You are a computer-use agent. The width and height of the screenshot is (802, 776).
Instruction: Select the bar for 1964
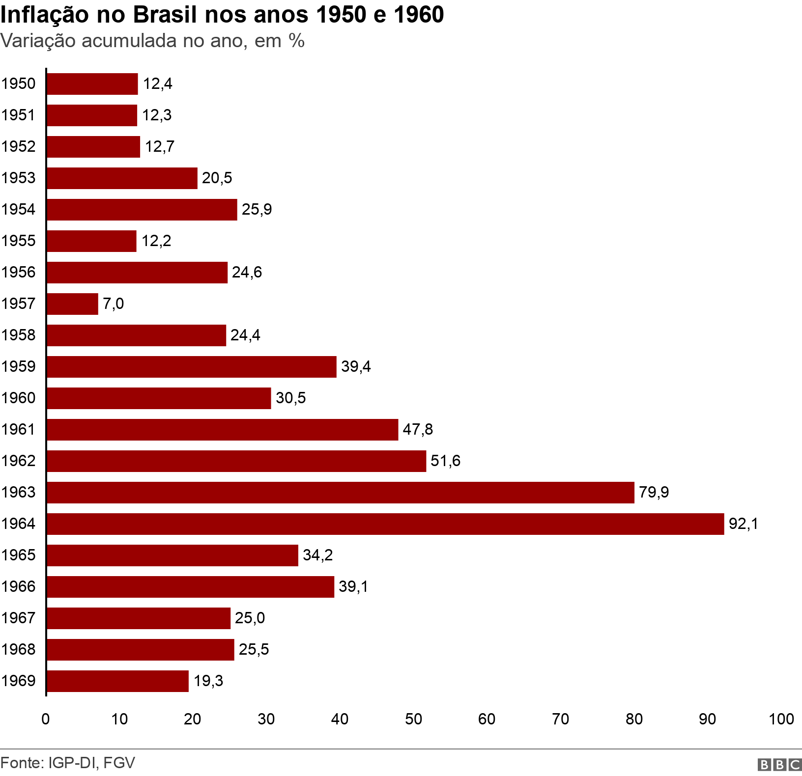coord(385,524)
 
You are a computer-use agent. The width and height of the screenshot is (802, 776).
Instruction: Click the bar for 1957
coord(73,304)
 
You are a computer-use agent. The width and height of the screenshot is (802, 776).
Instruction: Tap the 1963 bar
coord(341,492)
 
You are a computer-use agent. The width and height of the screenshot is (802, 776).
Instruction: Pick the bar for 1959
coord(192,366)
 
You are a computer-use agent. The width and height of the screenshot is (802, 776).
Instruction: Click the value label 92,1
coord(744,524)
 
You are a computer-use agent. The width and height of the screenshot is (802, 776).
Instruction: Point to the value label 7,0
coord(114,304)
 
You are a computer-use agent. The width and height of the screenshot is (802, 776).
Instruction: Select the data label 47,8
coord(418,429)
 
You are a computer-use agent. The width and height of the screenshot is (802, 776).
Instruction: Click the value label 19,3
coord(208,681)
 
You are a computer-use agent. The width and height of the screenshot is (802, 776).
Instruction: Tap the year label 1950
coord(19,83)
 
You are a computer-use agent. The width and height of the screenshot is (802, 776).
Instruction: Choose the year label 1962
coord(19,461)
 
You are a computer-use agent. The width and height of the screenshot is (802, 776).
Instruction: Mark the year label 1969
coord(19,681)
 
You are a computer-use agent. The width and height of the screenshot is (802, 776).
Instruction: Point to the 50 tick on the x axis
coord(413,719)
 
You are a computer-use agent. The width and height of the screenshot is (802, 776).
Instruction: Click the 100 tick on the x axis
coord(781,719)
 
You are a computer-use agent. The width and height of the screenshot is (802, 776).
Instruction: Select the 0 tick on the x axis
coord(46,719)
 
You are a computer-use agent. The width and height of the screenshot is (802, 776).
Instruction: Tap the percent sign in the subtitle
coord(297,40)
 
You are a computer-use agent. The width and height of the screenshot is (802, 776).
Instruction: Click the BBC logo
coord(779,764)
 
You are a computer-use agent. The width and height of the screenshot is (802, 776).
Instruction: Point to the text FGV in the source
coord(119,763)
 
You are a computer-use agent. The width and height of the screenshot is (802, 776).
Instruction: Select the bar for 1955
coord(92,241)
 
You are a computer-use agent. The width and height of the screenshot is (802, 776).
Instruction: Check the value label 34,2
coord(317,555)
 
